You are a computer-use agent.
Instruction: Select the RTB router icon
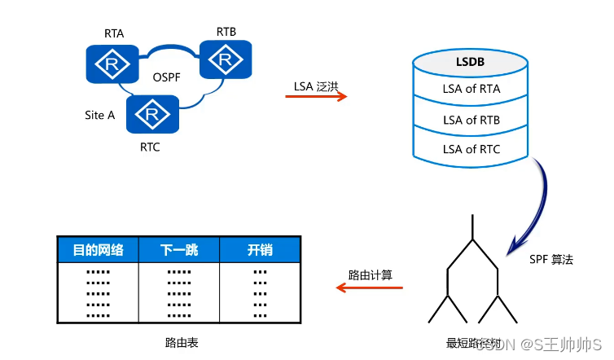226,59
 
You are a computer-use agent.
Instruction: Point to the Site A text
100,115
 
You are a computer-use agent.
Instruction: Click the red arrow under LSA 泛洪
316,97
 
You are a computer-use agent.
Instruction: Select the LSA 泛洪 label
316,85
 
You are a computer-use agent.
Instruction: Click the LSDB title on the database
471,62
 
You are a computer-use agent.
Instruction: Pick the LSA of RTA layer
471,89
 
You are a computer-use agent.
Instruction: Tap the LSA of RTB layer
471,120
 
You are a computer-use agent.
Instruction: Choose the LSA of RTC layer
471,149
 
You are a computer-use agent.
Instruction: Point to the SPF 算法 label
551,259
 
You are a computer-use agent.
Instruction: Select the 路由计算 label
371,275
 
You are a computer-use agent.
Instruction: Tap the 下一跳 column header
180,250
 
